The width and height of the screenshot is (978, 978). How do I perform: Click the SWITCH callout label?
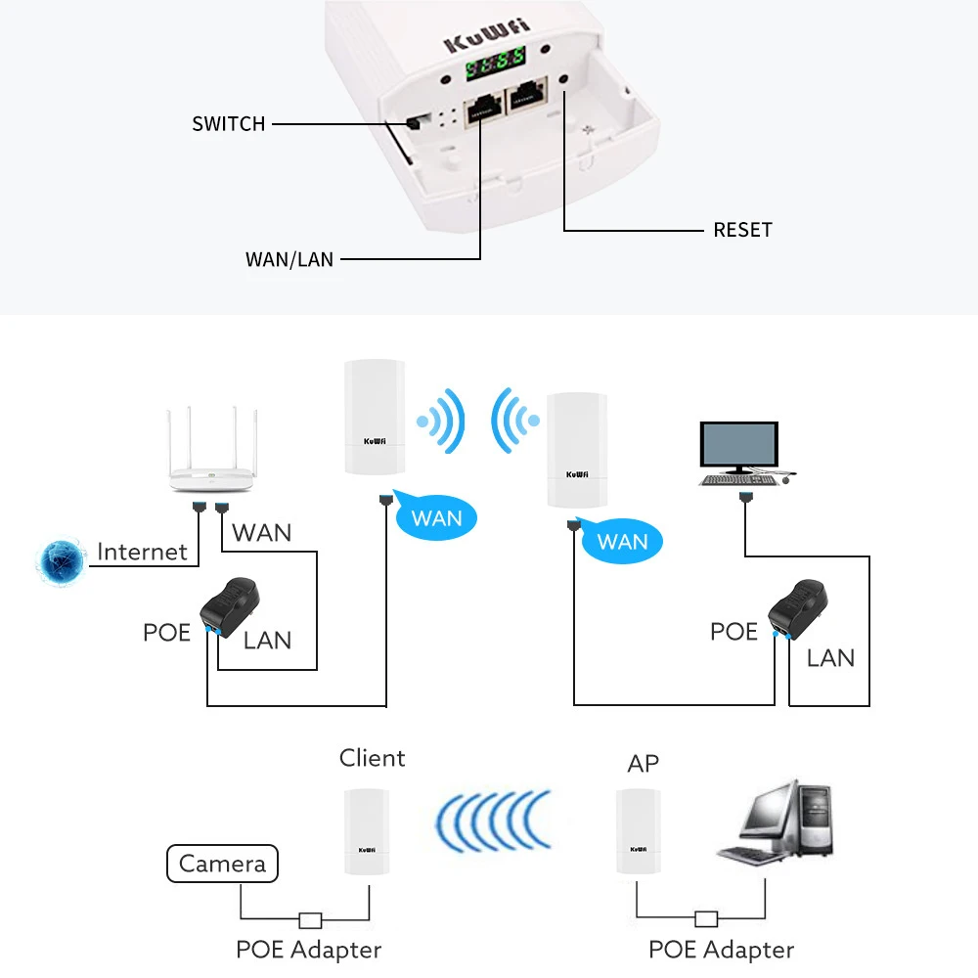[228, 124]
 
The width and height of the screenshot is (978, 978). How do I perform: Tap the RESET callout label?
[742, 230]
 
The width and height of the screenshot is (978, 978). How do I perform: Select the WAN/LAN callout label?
[289, 260]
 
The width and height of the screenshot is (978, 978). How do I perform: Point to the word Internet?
[142, 552]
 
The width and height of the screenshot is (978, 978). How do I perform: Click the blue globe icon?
[61, 559]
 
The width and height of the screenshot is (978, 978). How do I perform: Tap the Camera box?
[222, 865]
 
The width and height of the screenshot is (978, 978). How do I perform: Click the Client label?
[372, 758]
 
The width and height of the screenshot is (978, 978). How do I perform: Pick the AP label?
[644, 764]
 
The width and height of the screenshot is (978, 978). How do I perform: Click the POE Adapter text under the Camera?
[308, 949]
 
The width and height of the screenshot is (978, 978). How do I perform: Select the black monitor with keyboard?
[740, 453]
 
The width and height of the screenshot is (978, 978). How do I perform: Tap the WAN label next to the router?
[262, 533]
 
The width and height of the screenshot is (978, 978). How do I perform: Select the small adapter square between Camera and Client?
[310, 919]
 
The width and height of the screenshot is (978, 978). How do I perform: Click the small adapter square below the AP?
[706, 919]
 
